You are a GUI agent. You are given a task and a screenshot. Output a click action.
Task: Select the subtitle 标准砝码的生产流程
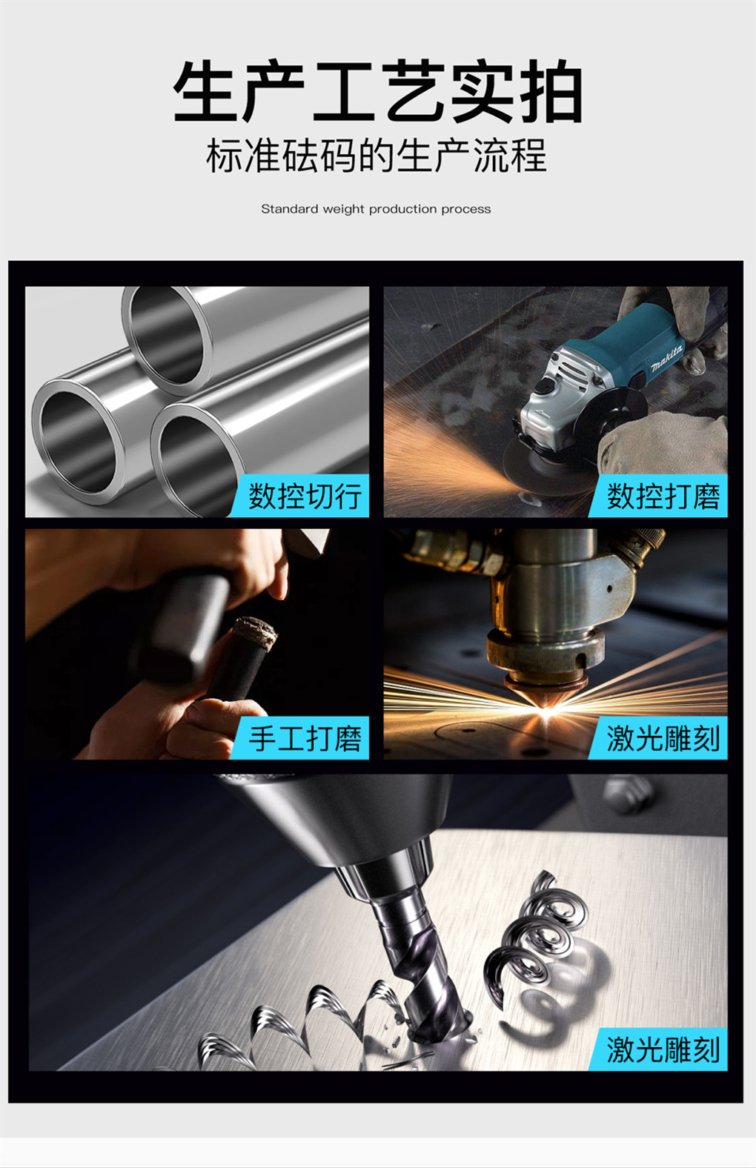click(377, 156)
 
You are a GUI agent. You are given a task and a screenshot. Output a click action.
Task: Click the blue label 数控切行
click(305, 496)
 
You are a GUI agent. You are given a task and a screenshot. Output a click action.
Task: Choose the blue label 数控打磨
click(663, 496)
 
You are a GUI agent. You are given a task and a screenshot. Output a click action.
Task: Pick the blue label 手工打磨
click(305, 738)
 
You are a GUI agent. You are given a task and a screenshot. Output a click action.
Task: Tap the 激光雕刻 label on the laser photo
click(663, 738)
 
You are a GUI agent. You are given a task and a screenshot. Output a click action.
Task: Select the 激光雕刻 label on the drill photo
click(663, 1049)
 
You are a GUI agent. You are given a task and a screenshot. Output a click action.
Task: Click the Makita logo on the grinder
click(667, 359)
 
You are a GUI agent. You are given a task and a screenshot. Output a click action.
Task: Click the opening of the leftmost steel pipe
click(79, 441)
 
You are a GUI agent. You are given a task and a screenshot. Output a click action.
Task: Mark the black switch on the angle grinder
click(546, 386)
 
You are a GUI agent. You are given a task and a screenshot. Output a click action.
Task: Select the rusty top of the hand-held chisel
click(254, 632)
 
